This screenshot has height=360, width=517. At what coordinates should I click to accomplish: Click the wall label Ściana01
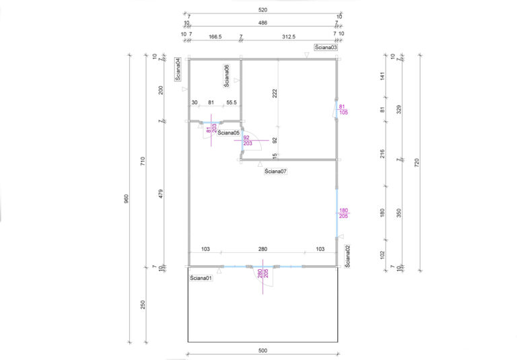pos(201,278)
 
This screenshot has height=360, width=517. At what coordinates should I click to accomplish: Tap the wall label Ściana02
pos(347,256)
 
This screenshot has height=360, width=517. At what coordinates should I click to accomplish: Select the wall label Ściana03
pos(326,47)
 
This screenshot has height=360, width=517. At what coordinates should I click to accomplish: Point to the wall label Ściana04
pos(178,69)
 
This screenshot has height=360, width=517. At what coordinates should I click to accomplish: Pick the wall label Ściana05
pos(228,133)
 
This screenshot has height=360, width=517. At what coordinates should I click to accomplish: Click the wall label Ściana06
pos(226,76)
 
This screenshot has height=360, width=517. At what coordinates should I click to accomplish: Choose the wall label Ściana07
pos(275,172)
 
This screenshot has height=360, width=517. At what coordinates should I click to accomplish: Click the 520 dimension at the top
pos(263,10)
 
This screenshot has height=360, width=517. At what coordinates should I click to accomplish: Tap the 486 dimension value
pos(263,23)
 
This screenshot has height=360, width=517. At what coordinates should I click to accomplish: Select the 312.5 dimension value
pos(289,37)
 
